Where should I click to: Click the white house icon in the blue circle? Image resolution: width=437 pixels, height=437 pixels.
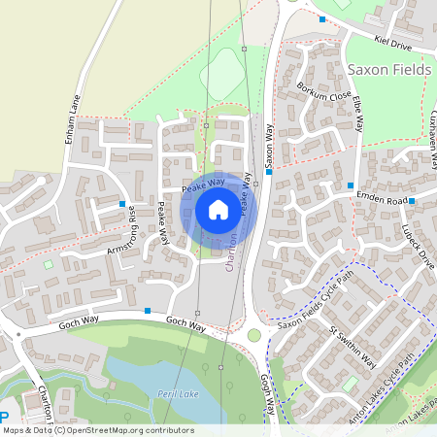point(218,209)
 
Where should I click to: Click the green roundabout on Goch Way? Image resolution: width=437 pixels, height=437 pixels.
point(254,335)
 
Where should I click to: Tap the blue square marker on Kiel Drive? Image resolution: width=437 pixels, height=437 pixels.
point(321,19)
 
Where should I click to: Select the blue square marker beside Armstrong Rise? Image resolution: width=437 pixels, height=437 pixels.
point(123,205)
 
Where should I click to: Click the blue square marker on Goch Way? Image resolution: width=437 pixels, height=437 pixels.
point(147,311)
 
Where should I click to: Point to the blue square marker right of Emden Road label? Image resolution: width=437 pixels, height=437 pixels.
point(412,201)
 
